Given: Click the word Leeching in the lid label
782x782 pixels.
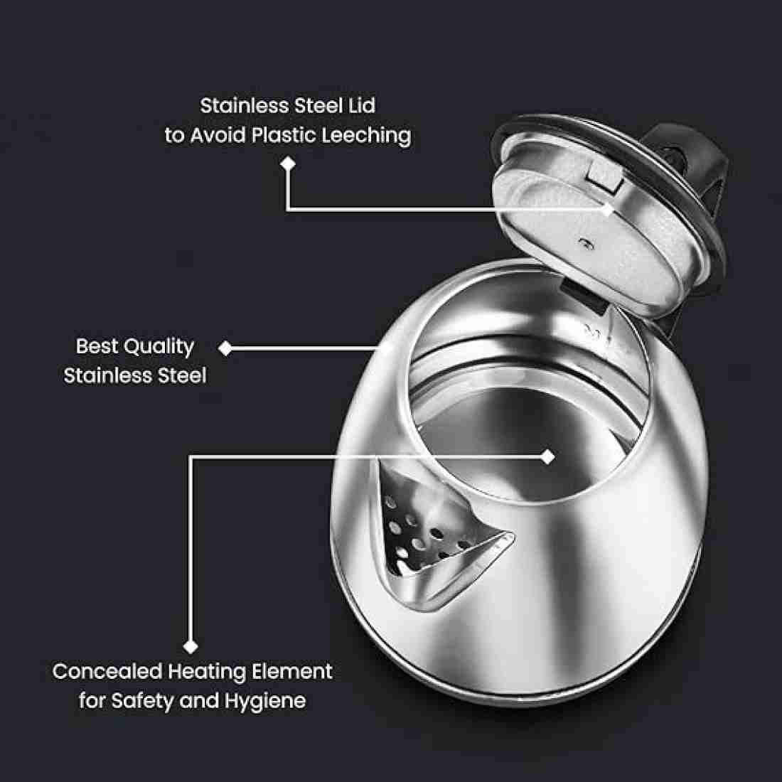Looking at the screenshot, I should click(x=367, y=135).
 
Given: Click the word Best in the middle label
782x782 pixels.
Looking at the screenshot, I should click(x=97, y=346).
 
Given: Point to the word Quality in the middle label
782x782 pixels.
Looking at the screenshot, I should click(x=159, y=347).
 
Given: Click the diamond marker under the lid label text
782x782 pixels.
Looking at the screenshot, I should click(x=287, y=164).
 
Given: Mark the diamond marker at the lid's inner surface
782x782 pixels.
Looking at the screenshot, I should click(x=607, y=209).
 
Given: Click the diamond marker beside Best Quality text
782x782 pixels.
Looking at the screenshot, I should click(x=225, y=348).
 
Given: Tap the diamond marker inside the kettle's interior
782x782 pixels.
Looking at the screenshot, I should click(x=547, y=456).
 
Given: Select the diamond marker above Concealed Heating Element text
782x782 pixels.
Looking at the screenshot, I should click(x=190, y=646).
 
